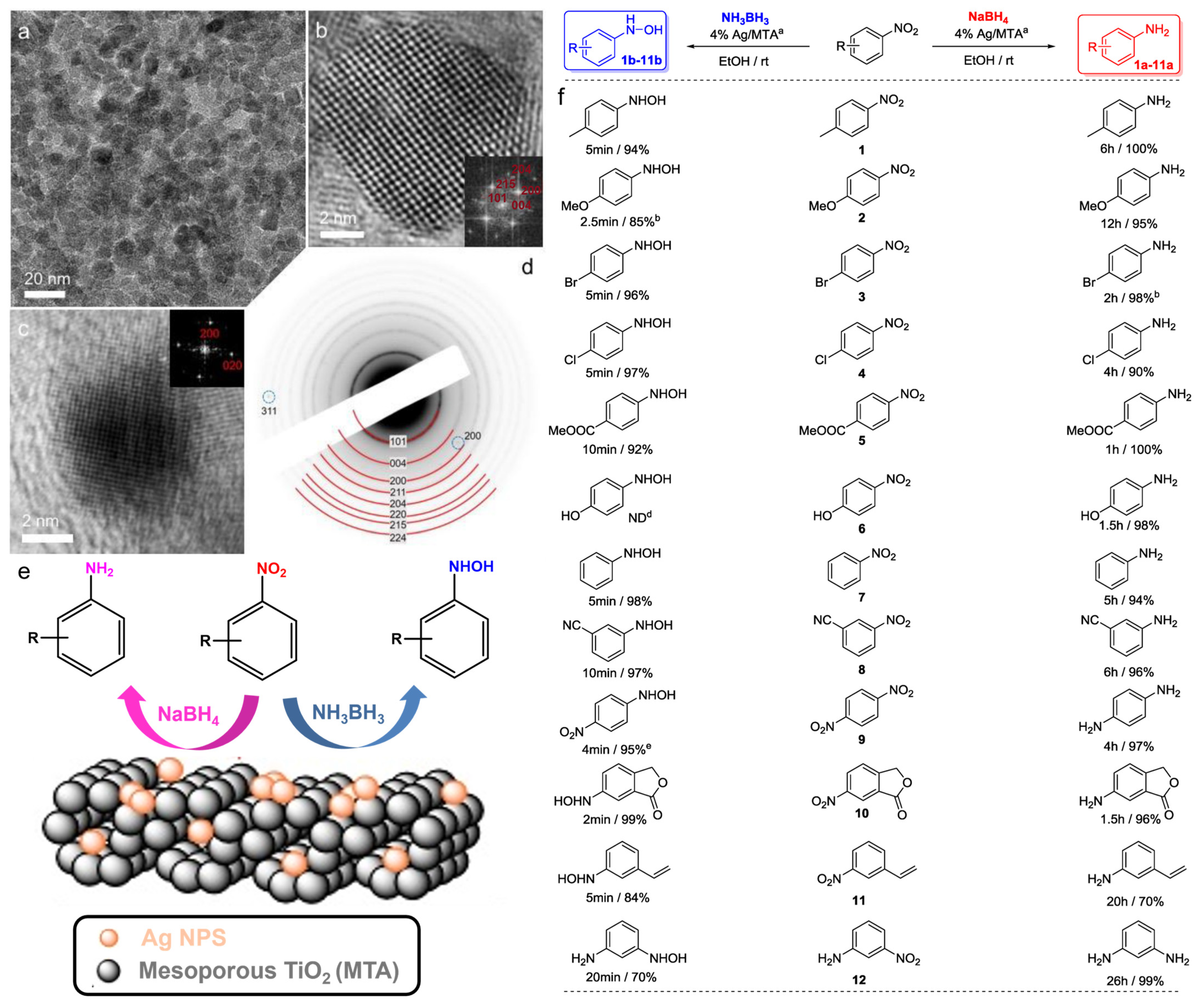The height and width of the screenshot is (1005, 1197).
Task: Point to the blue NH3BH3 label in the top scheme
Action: (x=745, y=18)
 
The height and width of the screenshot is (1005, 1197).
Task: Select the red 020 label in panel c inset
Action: (x=232, y=365)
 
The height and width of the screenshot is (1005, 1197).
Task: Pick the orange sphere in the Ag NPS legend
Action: (x=108, y=938)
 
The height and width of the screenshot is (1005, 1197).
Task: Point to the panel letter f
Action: (x=562, y=97)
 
